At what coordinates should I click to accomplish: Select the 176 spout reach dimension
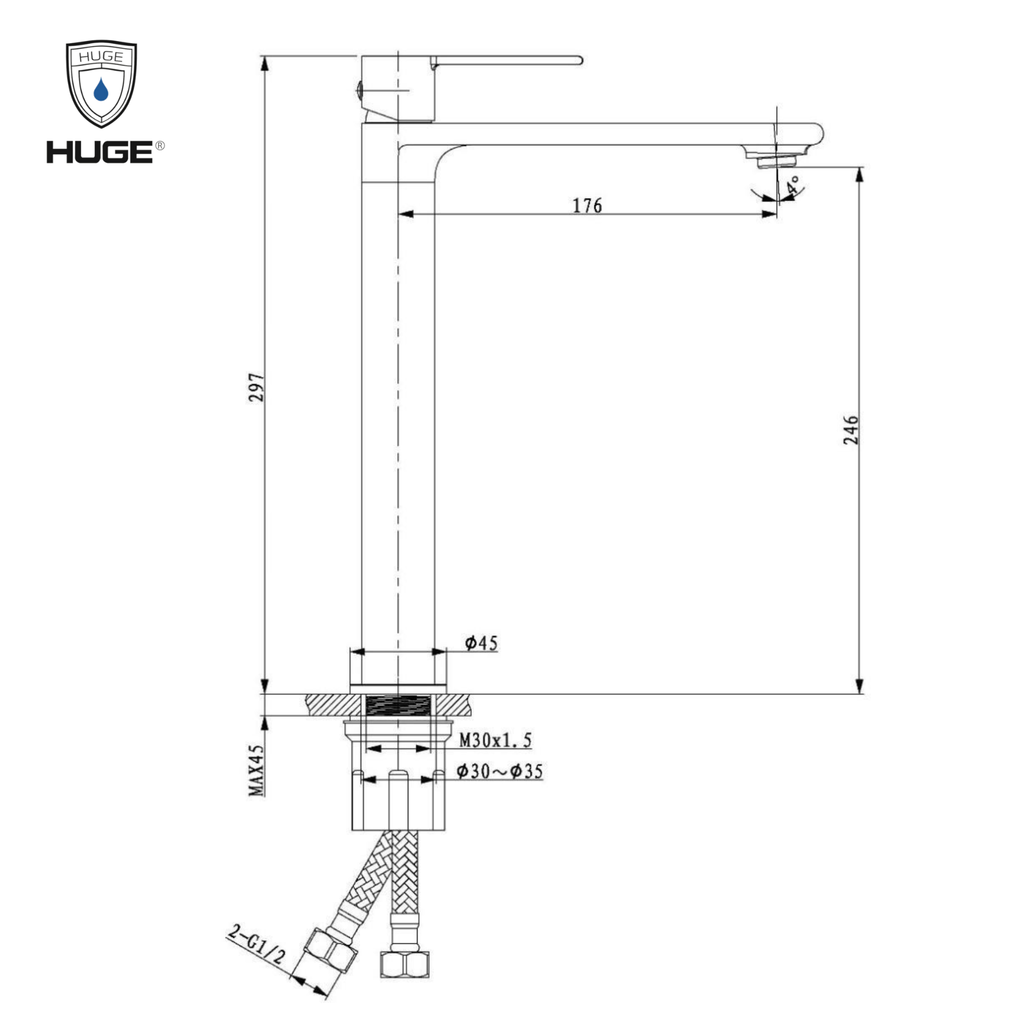point(587,206)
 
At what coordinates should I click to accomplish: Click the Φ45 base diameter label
point(481,644)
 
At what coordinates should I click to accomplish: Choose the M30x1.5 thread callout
point(495,740)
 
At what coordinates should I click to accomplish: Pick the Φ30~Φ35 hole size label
point(500,772)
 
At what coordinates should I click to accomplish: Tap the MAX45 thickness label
point(256,769)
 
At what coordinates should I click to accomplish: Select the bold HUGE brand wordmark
point(100,152)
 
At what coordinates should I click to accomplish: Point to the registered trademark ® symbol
point(160,146)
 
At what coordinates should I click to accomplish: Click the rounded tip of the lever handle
point(579,60)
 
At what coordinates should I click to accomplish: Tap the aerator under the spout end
point(776,161)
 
